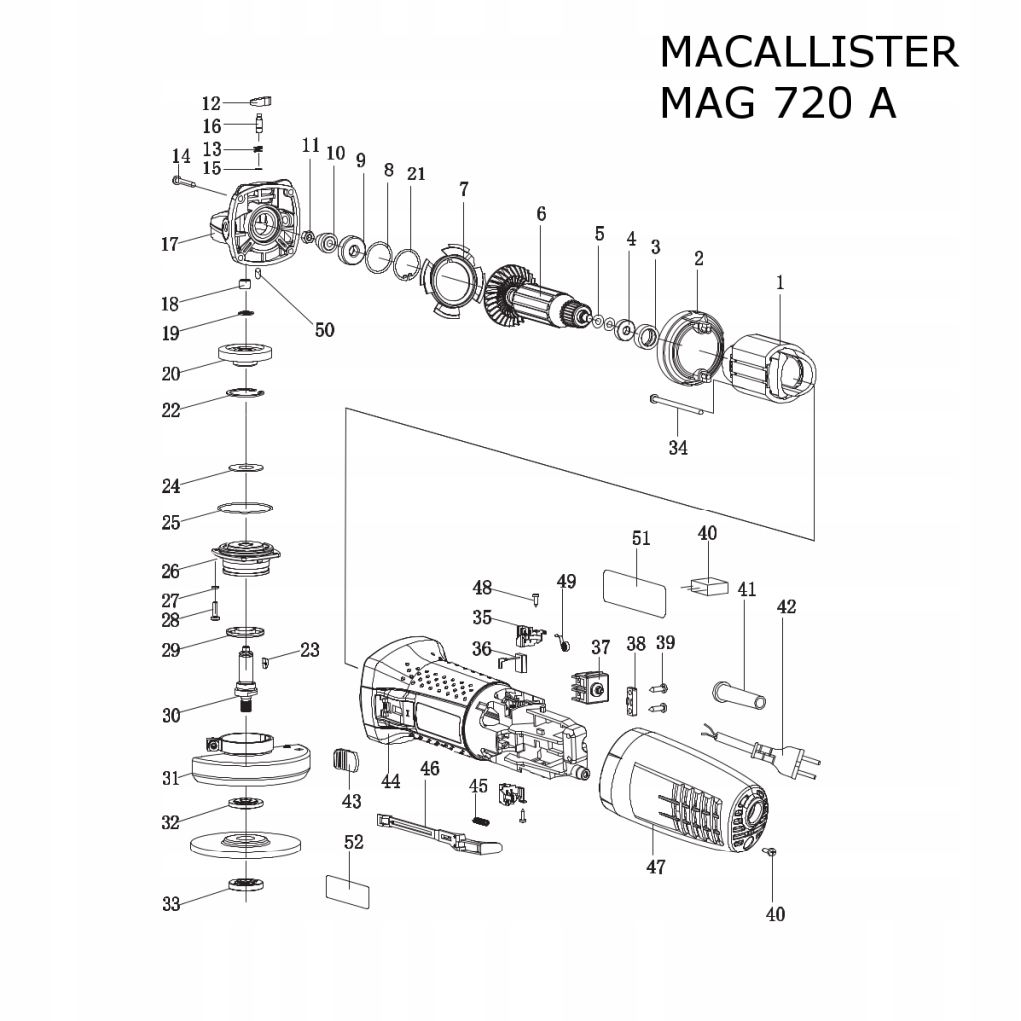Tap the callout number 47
655,866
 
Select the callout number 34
678,447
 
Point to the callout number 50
325,330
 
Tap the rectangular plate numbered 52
347,889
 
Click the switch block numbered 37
589,687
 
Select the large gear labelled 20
244,354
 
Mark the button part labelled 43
344,760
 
